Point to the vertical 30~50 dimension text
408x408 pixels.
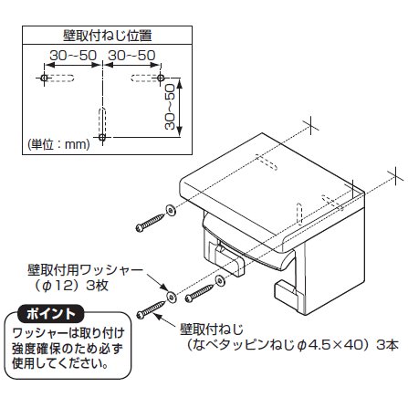tap(170, 109)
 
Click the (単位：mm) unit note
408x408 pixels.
tap(54, 145)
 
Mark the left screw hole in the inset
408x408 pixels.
tap(44, 80)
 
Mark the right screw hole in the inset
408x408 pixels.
tap(161, 80)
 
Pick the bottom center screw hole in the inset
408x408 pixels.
tap(102, 139)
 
